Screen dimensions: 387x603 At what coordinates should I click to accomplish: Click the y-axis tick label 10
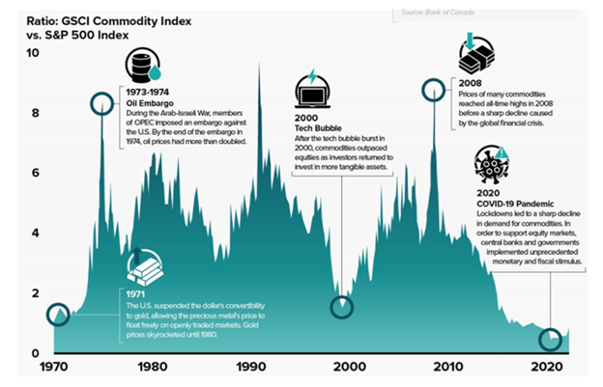(33, 54)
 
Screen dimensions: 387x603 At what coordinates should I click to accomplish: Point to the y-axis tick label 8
(35, 114)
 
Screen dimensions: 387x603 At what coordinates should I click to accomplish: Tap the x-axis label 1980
(152, 367)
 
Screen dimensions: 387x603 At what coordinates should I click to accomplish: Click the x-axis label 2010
(448, 367)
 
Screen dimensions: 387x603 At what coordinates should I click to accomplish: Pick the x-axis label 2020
(547, 367)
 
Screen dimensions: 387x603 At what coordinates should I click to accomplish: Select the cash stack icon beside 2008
(473, 57)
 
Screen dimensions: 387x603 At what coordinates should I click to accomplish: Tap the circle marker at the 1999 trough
(342, 307)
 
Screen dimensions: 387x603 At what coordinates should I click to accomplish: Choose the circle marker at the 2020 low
(550, 340)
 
